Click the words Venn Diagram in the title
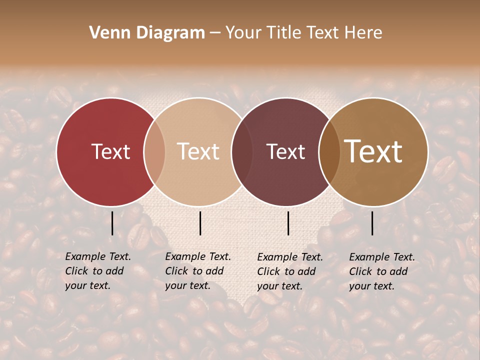147,33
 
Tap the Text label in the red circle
110,151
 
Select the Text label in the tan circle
198,151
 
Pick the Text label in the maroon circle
285,151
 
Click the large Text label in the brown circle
373,151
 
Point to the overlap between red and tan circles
155,151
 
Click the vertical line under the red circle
112,223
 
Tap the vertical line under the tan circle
200,223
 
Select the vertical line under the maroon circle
288,223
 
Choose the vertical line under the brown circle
372,223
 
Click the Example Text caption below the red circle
97,271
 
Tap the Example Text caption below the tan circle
197,271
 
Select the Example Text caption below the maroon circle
289,271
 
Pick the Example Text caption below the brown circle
381,271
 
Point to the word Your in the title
243,33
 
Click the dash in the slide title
214,33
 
